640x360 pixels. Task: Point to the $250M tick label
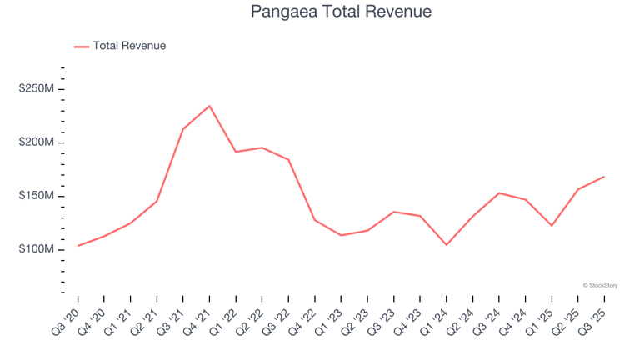click(37, 89)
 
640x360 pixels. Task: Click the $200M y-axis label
click(37, 142)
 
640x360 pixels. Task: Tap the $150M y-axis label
click(37, 196)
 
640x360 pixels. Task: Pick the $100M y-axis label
click(37, 249)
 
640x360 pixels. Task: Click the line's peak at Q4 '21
click(209, 106)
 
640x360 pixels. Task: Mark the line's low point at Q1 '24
click(447, 244)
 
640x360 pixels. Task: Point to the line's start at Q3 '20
click(77, 246)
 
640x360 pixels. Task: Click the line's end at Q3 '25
click(604, 177)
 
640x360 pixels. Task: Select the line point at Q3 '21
click(182, 129)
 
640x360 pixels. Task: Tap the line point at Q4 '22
click(314, 220)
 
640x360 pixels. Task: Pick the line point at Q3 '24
click(498, 193)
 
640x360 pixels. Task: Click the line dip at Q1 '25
click(552, 225)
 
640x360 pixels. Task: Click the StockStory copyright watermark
click(600, 285)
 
